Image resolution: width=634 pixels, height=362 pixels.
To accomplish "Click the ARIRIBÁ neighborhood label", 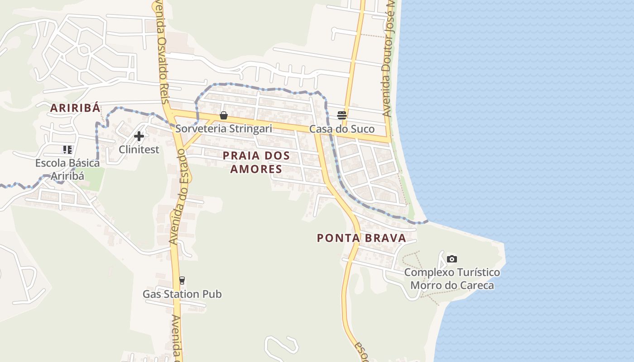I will (x=75, y=108).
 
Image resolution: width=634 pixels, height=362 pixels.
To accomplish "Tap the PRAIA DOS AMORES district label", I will (x=256, y=162).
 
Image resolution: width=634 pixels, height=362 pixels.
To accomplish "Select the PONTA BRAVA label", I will (x=361, y=238).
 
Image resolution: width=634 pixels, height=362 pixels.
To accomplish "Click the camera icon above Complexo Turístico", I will (x=451, y=259).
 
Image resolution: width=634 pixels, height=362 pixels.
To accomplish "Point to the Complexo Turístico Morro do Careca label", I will (x=452, y=279).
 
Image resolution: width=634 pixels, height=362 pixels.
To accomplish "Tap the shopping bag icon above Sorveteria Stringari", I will (x=223, y=115).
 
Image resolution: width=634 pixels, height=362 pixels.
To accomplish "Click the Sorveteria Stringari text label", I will (x=224, y=129).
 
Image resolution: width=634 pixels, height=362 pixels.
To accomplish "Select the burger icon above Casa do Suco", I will (x=341, y=115).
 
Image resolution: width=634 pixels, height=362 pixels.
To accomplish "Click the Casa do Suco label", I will (x=342, y=129).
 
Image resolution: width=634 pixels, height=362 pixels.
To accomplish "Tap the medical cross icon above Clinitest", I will (x=139, y=136).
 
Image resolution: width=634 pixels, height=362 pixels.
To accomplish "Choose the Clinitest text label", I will (x=139, y=149).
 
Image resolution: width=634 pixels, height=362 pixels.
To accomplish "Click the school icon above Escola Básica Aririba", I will (x=67, y=150).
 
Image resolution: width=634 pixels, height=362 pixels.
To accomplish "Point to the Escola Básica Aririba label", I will (x=67, y=169).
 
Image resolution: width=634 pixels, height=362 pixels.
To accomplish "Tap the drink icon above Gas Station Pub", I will (x=182, y=281).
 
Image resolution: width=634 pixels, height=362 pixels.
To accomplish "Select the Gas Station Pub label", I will (x=182, y=294).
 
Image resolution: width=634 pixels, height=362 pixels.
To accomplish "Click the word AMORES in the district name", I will (x=256, y=169).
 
